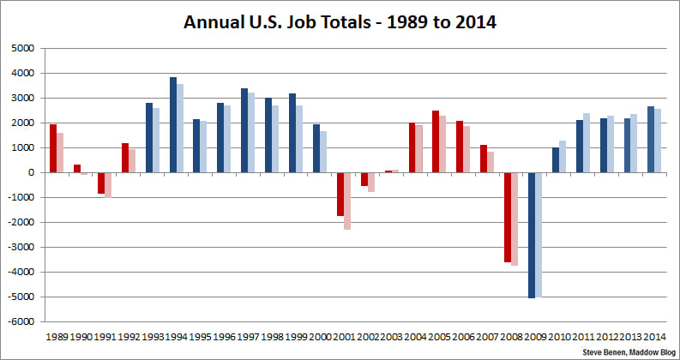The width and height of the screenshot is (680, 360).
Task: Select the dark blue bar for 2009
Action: tap(532, 235)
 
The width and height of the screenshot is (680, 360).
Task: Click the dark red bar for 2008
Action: tap(508, 217)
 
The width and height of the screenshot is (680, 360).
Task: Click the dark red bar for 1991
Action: tap(101, 183)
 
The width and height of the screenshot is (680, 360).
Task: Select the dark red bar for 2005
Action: tap(436, 141)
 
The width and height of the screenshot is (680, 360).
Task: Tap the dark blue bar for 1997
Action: tap(244, 130)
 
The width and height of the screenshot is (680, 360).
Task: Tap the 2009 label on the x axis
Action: tap(536, 336)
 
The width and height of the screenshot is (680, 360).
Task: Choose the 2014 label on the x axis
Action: tap(655, 336)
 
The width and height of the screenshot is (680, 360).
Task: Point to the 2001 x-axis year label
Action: tap(345, 336)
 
